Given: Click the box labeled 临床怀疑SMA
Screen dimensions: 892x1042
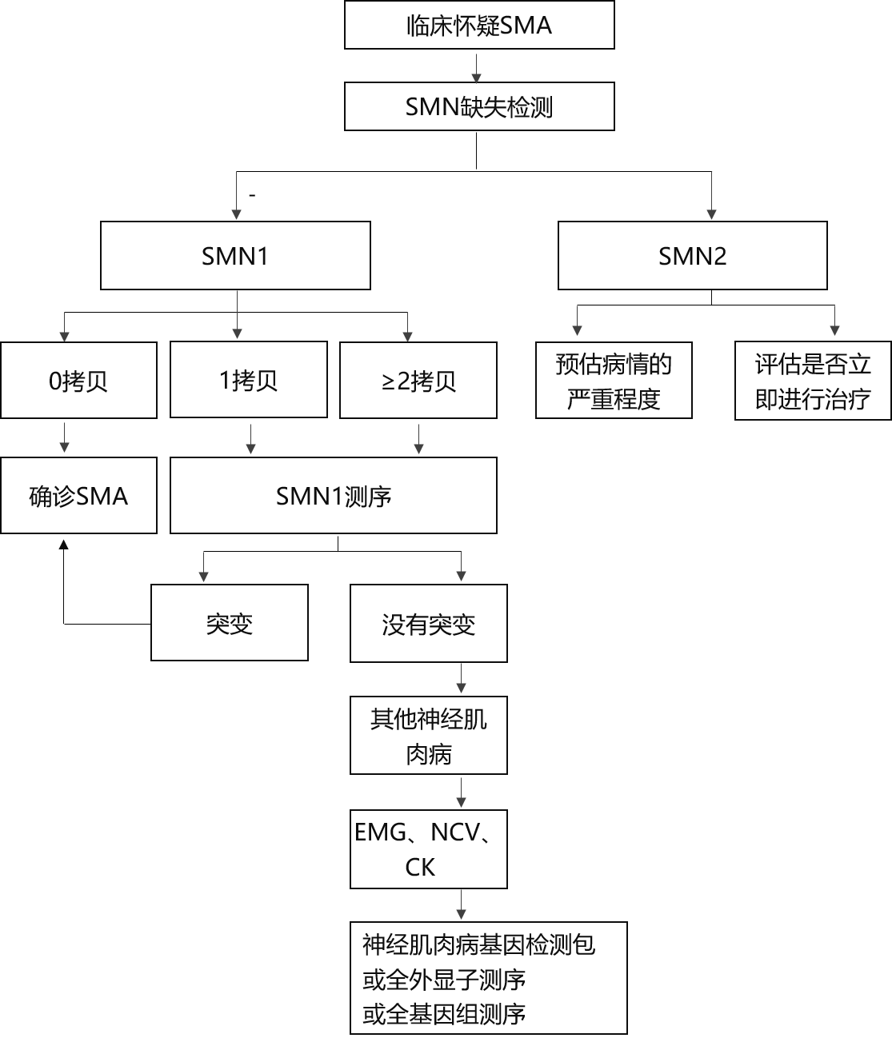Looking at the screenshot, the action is point(479,25).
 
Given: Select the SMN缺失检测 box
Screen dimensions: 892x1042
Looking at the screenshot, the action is point(479,106).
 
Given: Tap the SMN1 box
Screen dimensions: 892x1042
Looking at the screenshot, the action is point(235,256).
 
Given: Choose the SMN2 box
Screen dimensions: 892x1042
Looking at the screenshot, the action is point(692,256).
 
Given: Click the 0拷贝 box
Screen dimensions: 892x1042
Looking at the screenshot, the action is point(78,381).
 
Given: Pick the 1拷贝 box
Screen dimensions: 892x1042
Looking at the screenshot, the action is point(249,380).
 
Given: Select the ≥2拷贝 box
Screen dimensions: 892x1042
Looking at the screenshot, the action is point(418,381).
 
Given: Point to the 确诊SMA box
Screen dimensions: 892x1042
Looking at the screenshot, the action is point(78,496).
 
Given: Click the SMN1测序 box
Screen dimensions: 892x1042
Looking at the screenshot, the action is point(334,496).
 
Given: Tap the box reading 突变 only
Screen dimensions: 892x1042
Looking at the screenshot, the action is point(230,623).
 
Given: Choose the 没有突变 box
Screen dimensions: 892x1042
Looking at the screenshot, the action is point(429,624).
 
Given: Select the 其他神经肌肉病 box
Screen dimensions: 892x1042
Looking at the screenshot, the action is point(429,736).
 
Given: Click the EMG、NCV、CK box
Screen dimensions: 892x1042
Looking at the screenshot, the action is point(429,849).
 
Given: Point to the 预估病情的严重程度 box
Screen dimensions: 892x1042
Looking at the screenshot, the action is point(614,381).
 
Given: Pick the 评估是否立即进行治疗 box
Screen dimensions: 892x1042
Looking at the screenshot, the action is point(813,381).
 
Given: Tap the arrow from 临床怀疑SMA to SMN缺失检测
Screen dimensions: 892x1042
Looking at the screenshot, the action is point(477,67).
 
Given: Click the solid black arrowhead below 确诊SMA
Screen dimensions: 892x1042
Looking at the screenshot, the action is point(63,544).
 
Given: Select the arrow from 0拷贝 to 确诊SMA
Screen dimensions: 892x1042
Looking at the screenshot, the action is point(64,437).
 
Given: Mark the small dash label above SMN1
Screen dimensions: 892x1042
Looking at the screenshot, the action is point(252,194).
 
